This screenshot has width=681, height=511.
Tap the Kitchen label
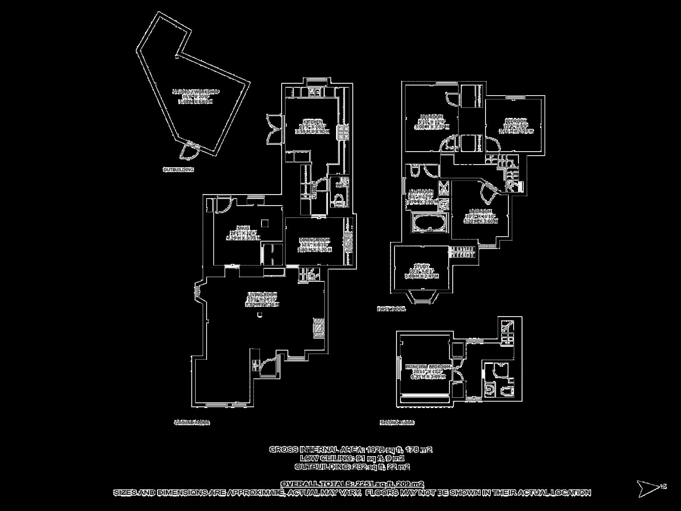coord(313,122)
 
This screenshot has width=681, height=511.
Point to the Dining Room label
coord(315,240)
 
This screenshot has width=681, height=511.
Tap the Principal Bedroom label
coord(428,367)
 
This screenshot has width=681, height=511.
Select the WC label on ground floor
coord(340,185)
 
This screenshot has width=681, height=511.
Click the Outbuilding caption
coord(178,170)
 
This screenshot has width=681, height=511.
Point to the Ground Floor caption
coord(192,423)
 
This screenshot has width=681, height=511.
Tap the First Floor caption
coord(391,309)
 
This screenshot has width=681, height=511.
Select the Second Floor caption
coord(397,423)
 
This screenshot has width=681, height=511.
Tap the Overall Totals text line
coord(352,484)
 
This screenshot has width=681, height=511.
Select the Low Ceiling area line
coord(352,458)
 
